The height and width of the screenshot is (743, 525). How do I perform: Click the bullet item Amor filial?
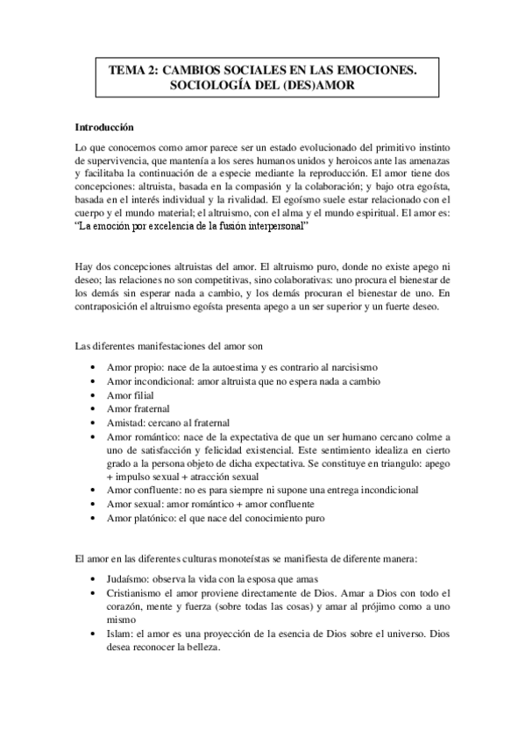(x=130, y=394)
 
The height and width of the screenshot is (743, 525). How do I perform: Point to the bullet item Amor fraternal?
(x=138, y=408)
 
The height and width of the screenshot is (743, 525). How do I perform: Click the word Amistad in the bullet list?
(x=124, y=422)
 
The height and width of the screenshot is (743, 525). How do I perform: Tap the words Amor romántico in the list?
(x=141, y=436)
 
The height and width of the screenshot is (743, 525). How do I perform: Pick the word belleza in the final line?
(x=202, y=648)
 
